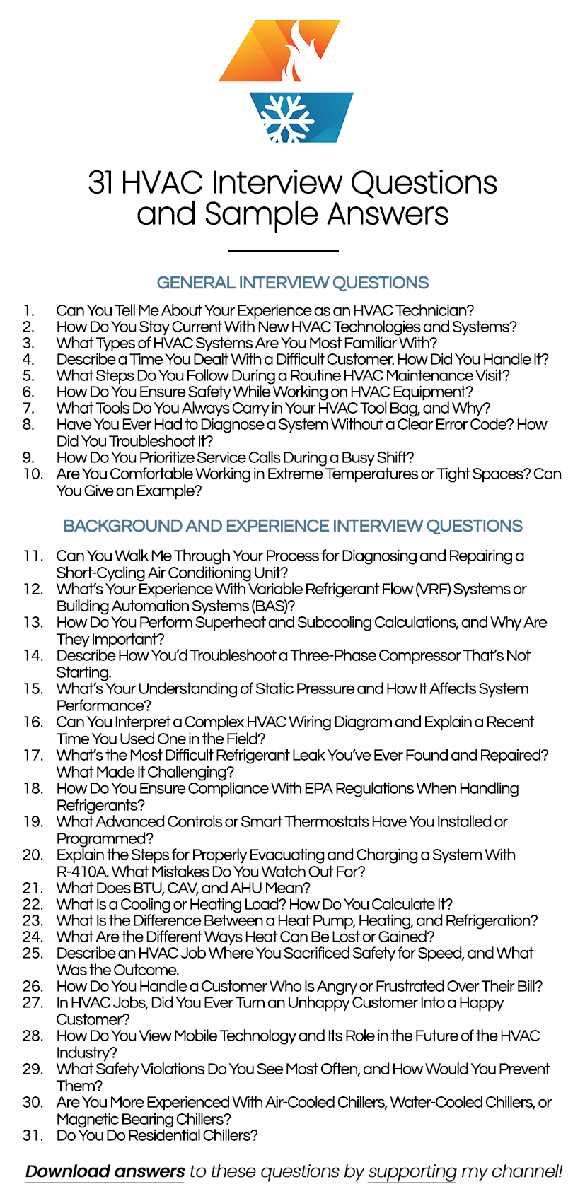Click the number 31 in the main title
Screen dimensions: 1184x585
(x=101, y=182)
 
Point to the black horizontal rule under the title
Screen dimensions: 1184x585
(x=283, y=251)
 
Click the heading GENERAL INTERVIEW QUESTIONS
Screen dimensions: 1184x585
(x=292, y=283)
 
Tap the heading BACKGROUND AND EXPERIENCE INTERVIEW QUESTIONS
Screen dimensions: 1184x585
(x=292, y=526)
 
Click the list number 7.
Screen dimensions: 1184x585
(x=28, y=408)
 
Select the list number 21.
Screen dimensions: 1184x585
(x=33, y=888)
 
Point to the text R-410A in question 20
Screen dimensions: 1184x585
(x=81, y=872)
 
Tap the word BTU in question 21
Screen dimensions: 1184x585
(x=151, y=888)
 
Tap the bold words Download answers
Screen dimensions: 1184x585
(x=105, y=1171)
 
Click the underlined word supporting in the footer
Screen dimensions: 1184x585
(x=412, y=1171)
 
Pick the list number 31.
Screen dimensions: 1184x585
(x=33, y=1135)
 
